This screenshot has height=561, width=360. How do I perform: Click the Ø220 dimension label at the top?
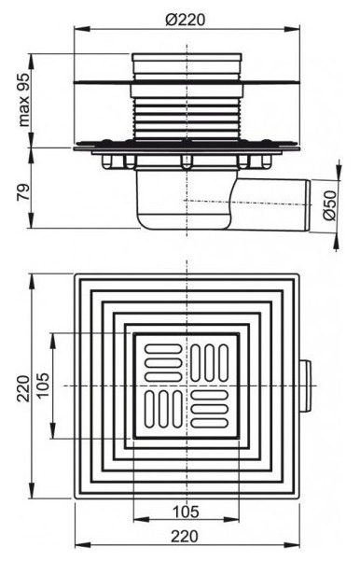[186, 20]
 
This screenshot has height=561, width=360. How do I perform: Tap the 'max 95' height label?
[23, 100]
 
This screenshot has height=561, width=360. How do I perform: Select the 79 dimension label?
[24, 192]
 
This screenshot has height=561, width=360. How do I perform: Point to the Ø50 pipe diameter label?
[329, 204]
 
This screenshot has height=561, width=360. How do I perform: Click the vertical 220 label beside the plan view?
[24, 388]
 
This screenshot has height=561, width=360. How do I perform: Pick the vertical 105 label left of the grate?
[44, 385]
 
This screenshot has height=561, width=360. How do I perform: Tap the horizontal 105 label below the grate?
[186, 512]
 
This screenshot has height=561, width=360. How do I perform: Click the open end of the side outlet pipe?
[307, 204]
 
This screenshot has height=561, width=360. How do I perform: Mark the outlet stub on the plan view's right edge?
[304, 386]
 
